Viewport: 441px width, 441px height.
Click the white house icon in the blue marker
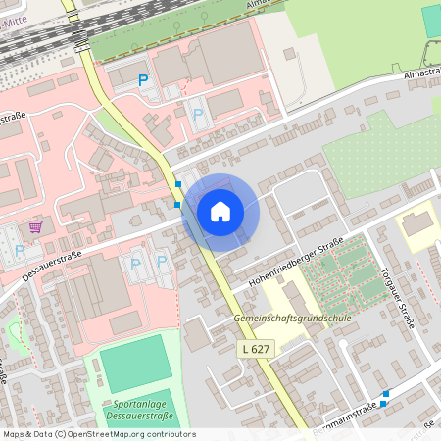(x=220, y=211)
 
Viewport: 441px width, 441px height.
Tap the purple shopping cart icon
(x=36, y=227)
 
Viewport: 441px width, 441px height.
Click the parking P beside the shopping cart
(x=20, y=251)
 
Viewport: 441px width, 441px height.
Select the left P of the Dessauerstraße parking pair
(x=136, y=263)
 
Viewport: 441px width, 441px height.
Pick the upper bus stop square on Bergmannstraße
(x=386, y=394)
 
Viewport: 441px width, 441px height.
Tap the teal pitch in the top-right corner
(x=432, y=22)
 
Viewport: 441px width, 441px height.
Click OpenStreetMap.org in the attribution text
(x=105, y=433)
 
